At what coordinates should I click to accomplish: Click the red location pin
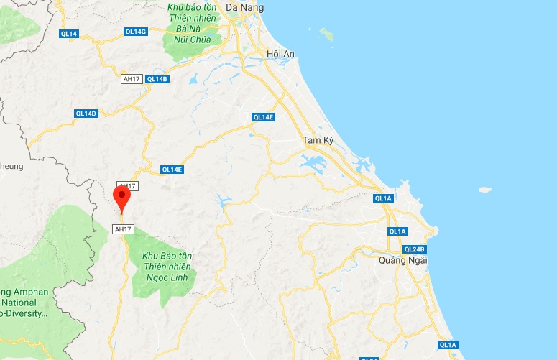[122, 196]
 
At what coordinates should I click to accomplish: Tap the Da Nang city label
[244, 8]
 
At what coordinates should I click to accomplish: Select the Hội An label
[281, 55]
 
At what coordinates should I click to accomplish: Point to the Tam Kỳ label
[317, 140]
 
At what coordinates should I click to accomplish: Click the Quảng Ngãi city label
[402, 261]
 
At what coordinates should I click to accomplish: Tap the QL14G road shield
[135, 32]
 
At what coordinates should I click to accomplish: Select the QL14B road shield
[157, 79]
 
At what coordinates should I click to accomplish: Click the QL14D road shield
[86, 114]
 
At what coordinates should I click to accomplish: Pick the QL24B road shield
[415, 249]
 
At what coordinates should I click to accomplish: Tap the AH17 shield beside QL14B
[132, 79]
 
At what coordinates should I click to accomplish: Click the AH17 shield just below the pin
[123, 229]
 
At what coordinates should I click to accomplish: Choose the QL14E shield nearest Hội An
[263, 117]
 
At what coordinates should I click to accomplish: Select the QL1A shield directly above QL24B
[397, 231]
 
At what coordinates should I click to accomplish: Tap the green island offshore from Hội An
[327, 34]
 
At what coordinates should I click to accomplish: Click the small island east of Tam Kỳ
[485, 190]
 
